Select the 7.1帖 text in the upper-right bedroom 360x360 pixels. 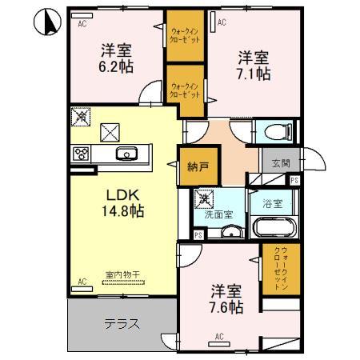[253, 74]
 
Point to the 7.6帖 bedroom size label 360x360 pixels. [227, 306]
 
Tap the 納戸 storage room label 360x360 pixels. [198, 168]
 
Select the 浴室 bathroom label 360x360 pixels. [273, 203]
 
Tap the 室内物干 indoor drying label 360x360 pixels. [122, 275]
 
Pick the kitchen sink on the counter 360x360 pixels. [126, 154]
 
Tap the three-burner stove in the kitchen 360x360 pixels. [82, 154]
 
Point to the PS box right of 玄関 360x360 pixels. [294, 181]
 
